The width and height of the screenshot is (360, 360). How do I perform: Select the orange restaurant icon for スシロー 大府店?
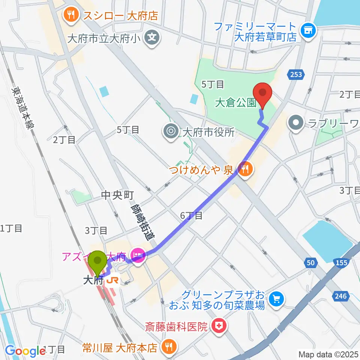coord(70,15)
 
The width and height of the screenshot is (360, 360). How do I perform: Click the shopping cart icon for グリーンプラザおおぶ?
coord(277,298)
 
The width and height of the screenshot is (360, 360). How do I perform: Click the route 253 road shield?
coord(296,74)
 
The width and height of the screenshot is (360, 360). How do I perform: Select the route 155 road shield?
coord(341,263)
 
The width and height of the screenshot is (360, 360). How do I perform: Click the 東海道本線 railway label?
coord(24,109)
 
